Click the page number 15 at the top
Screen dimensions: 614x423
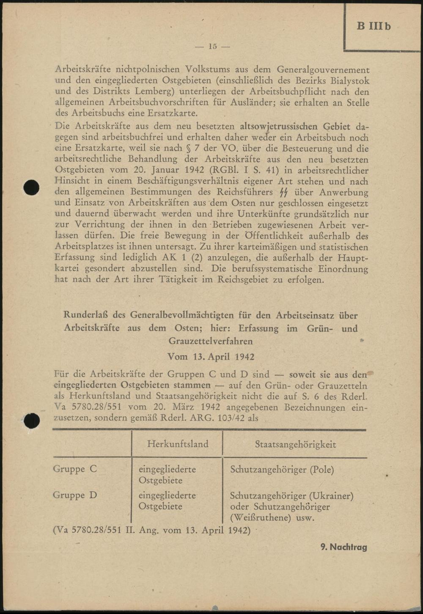212,46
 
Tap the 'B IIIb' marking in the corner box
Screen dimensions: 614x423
374,26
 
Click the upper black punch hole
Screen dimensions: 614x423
31,187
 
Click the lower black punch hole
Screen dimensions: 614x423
32,420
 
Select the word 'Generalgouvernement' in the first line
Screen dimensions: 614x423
323,69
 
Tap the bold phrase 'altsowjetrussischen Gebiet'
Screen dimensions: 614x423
295,126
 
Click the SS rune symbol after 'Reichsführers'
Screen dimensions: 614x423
284,193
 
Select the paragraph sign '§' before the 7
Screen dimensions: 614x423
189,149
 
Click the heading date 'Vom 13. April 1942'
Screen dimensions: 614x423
211,357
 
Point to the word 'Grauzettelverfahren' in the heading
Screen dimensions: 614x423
211,341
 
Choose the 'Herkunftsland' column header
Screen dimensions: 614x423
178,444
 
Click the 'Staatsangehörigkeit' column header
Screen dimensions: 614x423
295,444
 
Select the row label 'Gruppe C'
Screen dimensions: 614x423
75,469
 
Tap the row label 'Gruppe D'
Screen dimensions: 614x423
75,495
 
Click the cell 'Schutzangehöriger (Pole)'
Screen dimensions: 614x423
282,470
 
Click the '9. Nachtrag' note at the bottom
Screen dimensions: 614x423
343,547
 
